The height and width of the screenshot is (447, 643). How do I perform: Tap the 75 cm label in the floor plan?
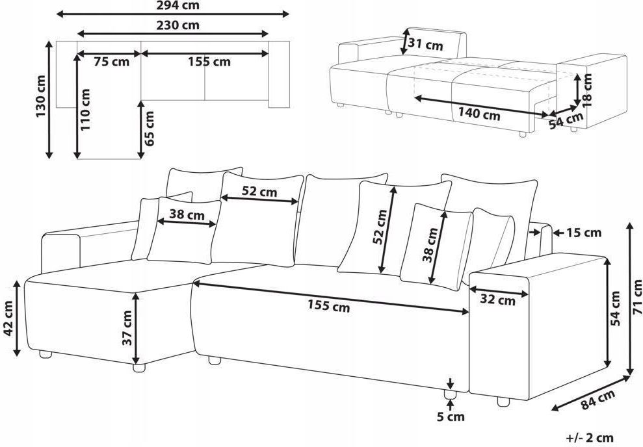(111, 62)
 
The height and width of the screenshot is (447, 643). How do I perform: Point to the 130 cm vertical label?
(41, 96)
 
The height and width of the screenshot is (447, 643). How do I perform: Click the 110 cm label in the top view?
(85, 110)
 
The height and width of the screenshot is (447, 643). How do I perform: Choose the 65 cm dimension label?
(150, 128)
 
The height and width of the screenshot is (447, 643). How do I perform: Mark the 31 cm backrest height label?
(426, 44)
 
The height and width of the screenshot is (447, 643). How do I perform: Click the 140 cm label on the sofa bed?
(479, 114)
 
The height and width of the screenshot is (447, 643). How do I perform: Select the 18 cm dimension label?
(587, 90)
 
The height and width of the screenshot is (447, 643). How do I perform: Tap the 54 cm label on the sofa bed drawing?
(566, 120)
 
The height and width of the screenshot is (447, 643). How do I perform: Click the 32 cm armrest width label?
(497, 300)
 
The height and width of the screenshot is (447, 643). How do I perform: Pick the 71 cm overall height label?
(637, 297)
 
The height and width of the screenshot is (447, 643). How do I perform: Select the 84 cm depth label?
(598, 400)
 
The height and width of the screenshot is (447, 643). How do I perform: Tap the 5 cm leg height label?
(451, 417)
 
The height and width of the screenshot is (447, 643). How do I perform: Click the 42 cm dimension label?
(8, 318)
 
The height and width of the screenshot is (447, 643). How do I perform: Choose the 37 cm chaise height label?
(127, 327)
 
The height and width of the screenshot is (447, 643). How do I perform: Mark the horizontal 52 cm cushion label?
(259, 191)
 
